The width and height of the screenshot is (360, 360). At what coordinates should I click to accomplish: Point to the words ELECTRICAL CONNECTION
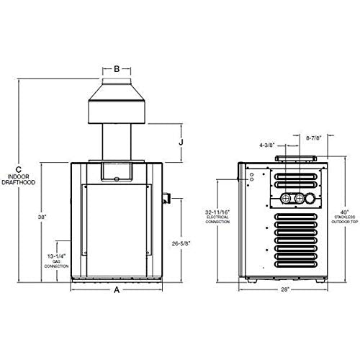(217, 221)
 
